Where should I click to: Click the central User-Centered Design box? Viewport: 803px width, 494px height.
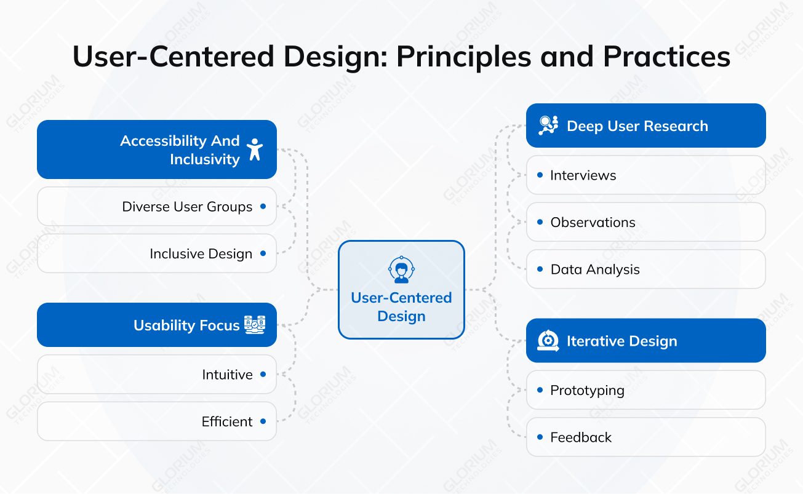pos(401,290)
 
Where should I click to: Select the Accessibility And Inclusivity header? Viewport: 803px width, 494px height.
pos(157,149)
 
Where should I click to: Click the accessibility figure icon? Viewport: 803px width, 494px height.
pos(254,149)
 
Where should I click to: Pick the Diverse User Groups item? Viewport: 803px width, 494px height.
pos(157,207)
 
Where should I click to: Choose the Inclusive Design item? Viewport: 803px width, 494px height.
pos(157,253)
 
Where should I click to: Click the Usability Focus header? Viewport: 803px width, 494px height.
pos(157,325)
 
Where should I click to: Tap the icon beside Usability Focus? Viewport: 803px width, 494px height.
pos(255,325)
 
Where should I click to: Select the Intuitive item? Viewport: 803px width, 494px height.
pos(157,374)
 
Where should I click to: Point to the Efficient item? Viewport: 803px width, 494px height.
pos(157,421)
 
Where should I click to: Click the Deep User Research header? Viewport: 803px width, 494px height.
pos(645,126)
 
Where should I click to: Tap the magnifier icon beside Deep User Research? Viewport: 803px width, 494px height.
pos(548,125)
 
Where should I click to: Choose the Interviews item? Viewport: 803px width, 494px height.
pos(645,175)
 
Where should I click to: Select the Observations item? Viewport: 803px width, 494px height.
pos(645,222)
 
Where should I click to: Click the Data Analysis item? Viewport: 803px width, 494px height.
pos(645,269)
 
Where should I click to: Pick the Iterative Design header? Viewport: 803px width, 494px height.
pos(645,341)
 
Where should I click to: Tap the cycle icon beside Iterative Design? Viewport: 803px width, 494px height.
pos(548,340)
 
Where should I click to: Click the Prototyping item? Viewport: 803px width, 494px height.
pos(645,390)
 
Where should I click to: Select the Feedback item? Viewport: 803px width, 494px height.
pos(645,437)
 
